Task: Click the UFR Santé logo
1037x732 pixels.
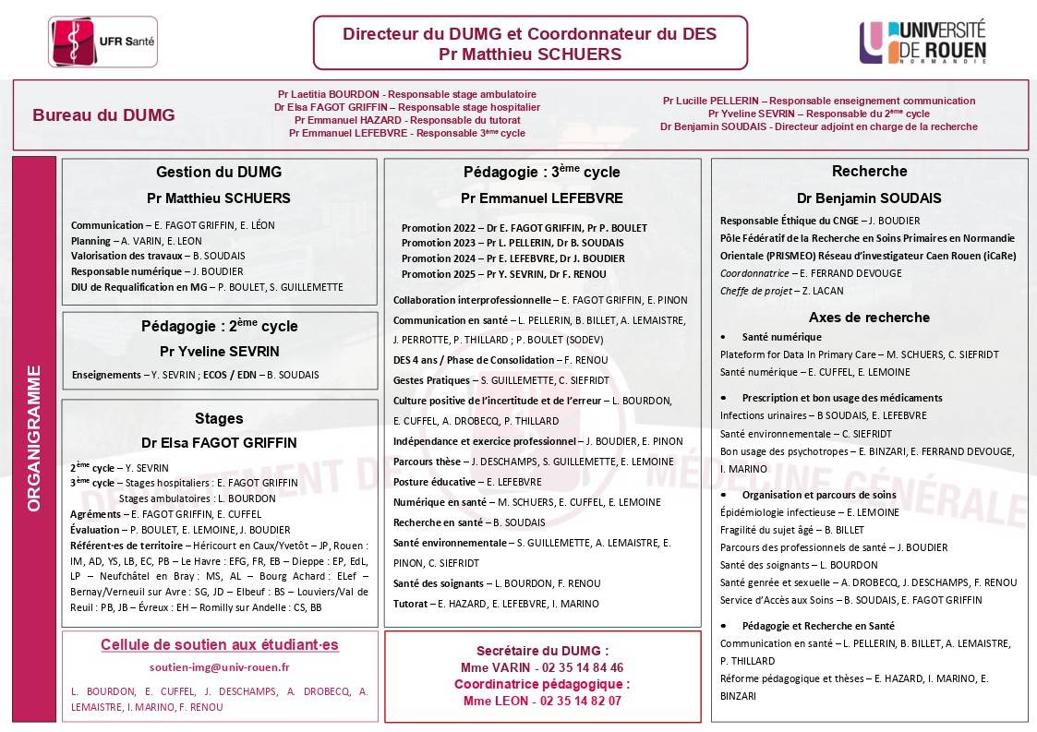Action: point(102,42)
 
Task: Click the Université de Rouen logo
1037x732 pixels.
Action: point(923,42)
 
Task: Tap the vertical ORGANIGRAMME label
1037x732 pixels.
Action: point(34,438)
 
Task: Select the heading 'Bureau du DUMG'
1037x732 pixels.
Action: point(103,115)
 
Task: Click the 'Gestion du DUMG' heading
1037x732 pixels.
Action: point(219,172)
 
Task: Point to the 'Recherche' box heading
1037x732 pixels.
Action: point(869,171)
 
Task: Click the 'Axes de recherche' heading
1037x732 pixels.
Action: point(869,318)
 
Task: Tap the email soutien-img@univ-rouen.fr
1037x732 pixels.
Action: point(220,667)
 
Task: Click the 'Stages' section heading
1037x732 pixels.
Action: point(219,418)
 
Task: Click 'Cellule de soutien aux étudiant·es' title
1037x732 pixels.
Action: point(220,645)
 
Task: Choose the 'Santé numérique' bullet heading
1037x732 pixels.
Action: point(781,337)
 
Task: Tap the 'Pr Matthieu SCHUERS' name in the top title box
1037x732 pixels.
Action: point(530,54)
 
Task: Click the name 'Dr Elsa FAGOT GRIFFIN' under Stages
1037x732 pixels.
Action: point(219,443)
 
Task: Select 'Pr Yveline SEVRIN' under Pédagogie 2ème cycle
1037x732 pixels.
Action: point(219,352)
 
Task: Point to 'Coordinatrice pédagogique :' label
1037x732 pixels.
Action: point(542,684)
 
